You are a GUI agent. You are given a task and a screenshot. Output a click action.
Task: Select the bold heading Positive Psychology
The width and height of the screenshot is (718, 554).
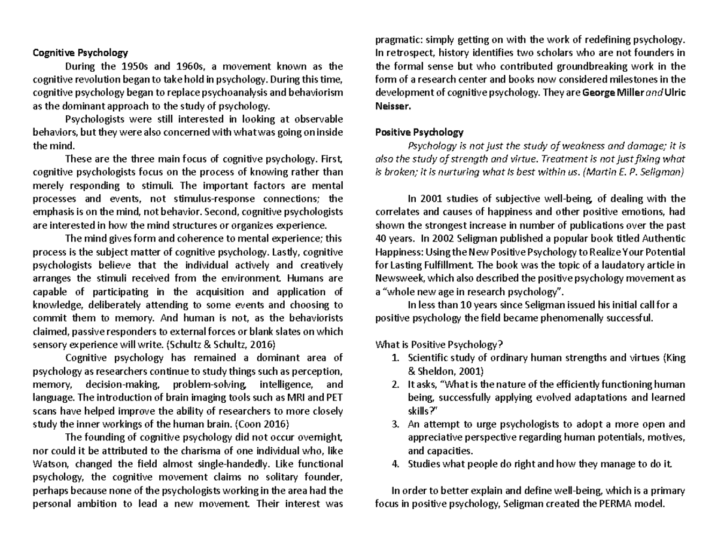(x=419, y=132)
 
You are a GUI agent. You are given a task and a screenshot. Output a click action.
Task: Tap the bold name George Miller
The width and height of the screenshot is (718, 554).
(x=610, y=93)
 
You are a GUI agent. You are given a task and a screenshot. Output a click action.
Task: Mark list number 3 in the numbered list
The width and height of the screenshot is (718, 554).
(x=395, y=424)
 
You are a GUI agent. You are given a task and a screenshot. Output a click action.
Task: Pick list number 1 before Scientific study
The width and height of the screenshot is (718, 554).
(x=395, y=358)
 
